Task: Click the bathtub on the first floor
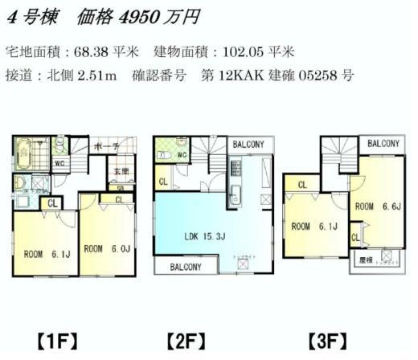click(x=23, y=152)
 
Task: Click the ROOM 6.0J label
click(x=108, y=248)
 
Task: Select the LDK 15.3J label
click(x=200, y=236)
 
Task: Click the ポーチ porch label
click(x=105, y=147)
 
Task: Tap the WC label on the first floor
click(x=59, y=163)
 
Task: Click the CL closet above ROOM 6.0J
click(x=120, y=198)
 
